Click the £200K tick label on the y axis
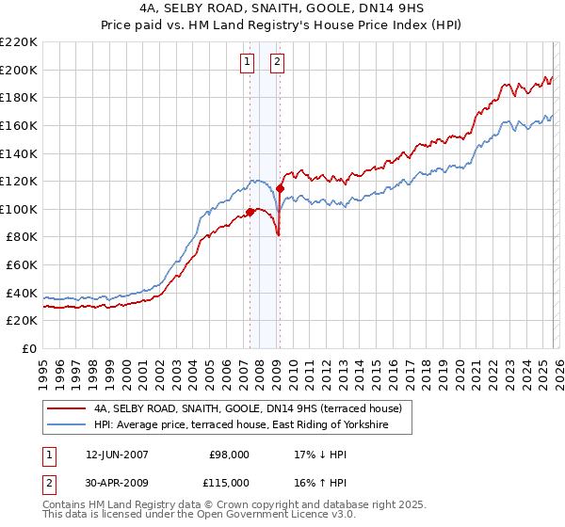click(19, 70)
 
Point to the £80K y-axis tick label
click(22, 237)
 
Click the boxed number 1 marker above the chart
click(247, 63)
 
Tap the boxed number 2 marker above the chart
click(279, 63)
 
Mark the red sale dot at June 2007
click(250, 212)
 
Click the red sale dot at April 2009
click(281, 188)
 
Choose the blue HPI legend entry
click(253, 425)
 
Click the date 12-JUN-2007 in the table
click(110, 455)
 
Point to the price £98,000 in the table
click(229, 455)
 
